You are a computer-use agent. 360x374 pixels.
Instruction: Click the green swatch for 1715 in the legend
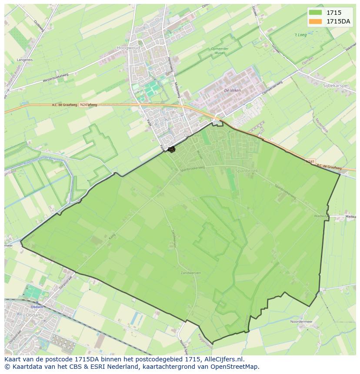point(316,13)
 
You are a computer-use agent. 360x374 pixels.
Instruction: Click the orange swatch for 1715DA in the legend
point(316,22)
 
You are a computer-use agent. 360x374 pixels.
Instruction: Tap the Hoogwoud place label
point(126,48)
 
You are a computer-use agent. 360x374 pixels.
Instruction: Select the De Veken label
point(232,90)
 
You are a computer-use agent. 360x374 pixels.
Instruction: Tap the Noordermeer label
point(302,322)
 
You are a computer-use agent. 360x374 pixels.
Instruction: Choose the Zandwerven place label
point(191,273)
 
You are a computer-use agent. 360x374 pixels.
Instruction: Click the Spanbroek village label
point(247,171)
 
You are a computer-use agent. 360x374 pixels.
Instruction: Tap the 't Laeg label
point(300,35)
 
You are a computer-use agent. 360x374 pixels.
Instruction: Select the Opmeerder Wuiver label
point(220,51)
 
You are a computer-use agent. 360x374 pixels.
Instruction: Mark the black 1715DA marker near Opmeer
point(171,149)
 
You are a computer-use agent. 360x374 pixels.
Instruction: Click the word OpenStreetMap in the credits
point(234,367)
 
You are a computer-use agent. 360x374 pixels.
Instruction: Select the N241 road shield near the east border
point(310,162)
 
